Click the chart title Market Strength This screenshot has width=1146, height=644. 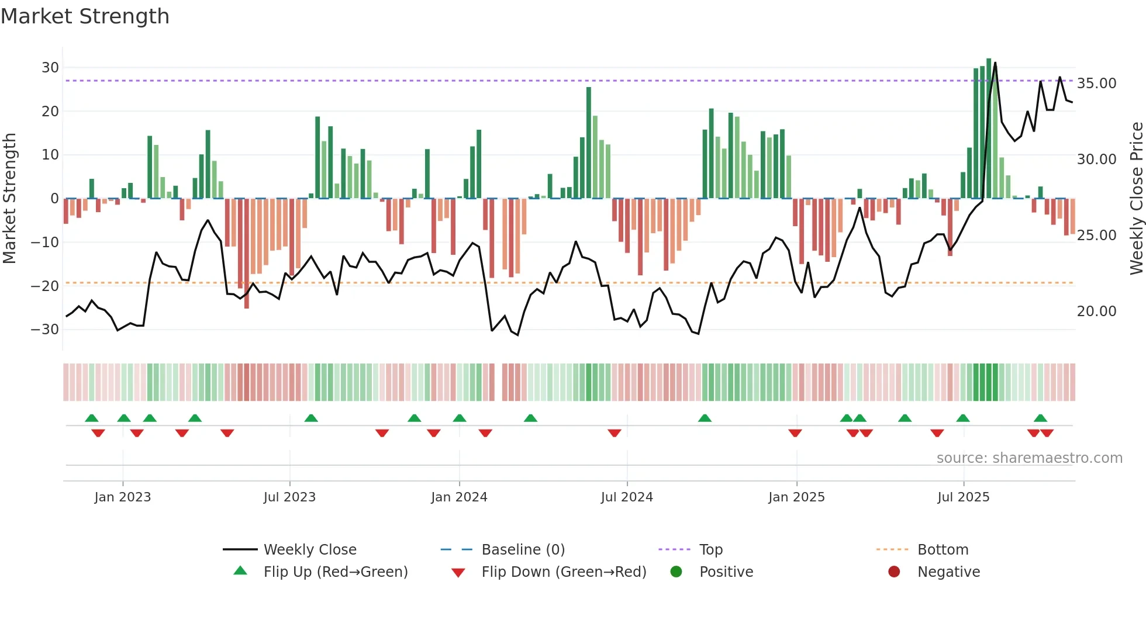[x=85, y=16]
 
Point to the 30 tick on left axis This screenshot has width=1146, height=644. [x=50, y=68]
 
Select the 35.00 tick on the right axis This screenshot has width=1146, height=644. [x=1096, y=84]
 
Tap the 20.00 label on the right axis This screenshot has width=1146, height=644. [x=1096, y=311]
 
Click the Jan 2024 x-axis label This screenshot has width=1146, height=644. [x=459, y=497]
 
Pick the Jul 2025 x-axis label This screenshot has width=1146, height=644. [x=963, y=497]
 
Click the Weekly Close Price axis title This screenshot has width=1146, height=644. [x=1136, y=199]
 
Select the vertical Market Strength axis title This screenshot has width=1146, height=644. [x=9, y=199]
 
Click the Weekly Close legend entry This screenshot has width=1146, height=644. [x=310, y=550]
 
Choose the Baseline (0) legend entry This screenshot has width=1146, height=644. [x=523, y=550]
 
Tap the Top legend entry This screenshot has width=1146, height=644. [x=711, y=550]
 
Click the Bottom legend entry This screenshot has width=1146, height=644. [x=943, y=550]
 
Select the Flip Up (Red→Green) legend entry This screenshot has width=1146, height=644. [x=335, y=572]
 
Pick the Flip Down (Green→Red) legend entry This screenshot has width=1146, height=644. [x=564, y=572]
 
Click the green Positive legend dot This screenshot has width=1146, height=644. [x=676, y=572]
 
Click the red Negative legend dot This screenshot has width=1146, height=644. [x=894, y=572]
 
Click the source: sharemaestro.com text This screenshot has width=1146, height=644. [x=1029, y=458]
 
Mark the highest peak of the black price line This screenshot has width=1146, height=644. [x=995, y=63]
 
